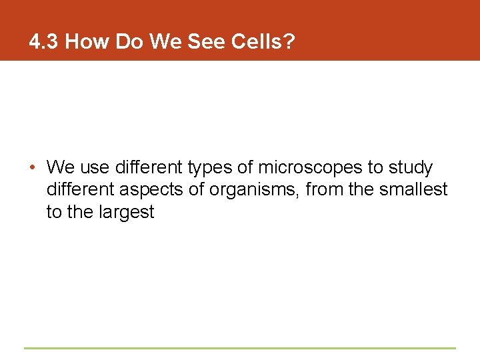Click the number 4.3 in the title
(x=44, y=42)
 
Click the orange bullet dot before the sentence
(x=32, y=167)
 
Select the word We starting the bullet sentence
(x=61, y=167)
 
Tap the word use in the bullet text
(x=95, y=167)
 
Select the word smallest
(x=413, y=190)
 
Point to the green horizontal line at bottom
(x=240, y=348)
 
